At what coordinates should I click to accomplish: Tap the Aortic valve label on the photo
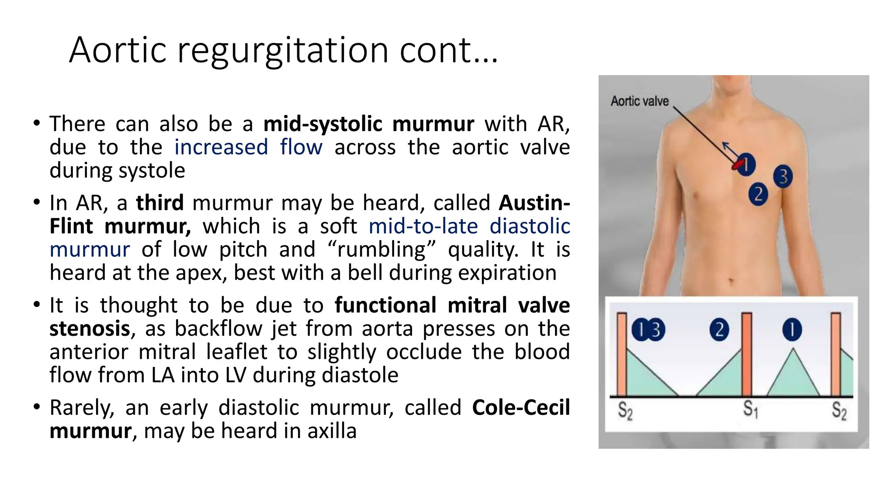639,101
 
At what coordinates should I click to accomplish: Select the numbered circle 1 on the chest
746,165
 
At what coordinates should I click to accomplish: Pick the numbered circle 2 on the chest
758,194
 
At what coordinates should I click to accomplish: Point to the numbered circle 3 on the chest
783,176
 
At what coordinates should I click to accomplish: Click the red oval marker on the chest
738,164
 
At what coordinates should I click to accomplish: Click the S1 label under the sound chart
750,410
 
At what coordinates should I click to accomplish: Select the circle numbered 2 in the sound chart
719,330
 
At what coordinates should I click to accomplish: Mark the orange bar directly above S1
746,354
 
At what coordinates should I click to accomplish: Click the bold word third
160,203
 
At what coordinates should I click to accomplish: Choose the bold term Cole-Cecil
521,408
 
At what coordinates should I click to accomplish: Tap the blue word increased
221,147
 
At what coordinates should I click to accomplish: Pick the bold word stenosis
90,329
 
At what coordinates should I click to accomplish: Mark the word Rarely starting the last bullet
82,408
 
